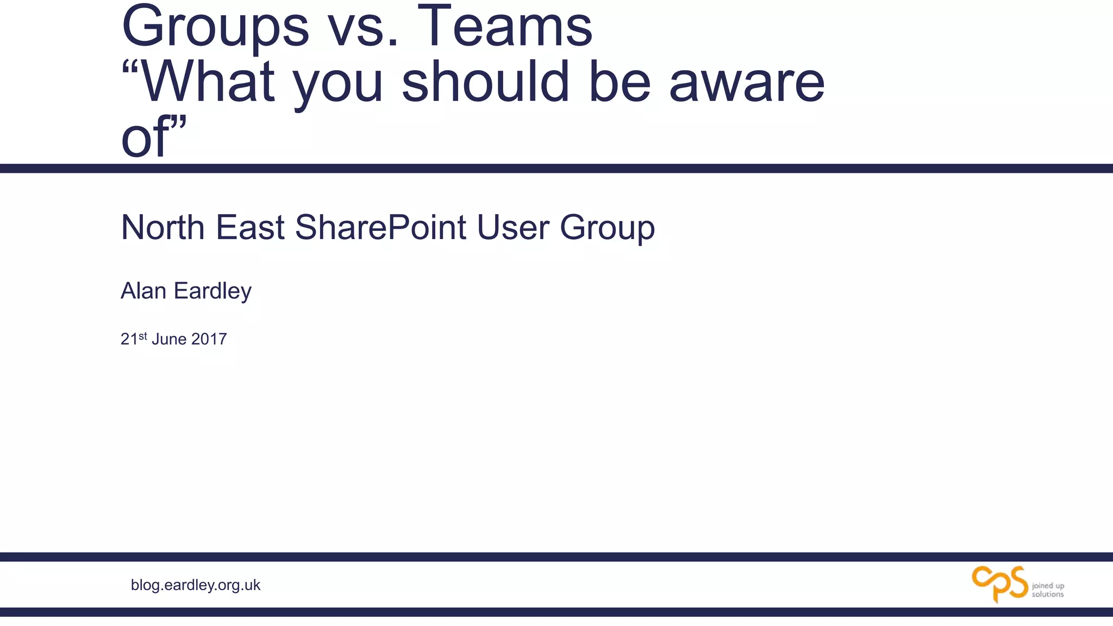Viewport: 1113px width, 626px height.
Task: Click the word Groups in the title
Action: [215, 27]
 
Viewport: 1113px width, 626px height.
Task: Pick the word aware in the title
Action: [747, 83]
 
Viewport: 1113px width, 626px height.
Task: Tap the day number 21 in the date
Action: [129, 339]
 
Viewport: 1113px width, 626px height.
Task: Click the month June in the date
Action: [169, 339]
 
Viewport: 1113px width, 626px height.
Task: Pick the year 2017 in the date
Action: [209, 339]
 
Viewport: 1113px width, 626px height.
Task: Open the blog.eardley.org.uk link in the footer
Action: [196, 585]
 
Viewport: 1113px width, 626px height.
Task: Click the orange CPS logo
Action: [999, 584]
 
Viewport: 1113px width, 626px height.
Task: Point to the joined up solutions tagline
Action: [1048, 590]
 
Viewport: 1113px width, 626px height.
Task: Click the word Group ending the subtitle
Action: [607, 228]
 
